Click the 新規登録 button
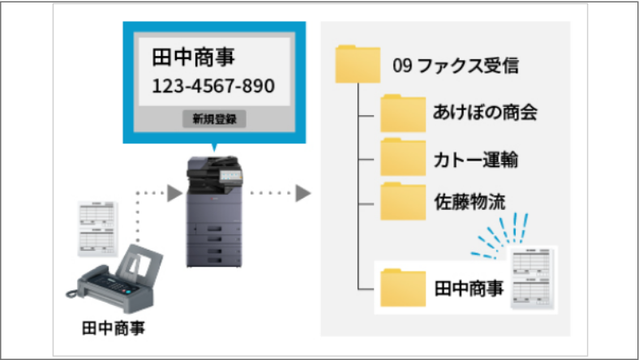(x=214, y=118)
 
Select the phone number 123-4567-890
(x=213, y=86)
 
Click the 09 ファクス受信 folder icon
(x=358, y=64)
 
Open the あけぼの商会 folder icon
(x=403, y=112)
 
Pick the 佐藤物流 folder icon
(x=403, y=199)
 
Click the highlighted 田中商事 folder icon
(x=403, y=286)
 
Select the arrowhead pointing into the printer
(x=173, y=193)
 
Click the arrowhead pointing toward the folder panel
(x=302, y=193)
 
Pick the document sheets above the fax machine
(x=98, y=229)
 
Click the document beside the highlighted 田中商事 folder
(x=532, y=278)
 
